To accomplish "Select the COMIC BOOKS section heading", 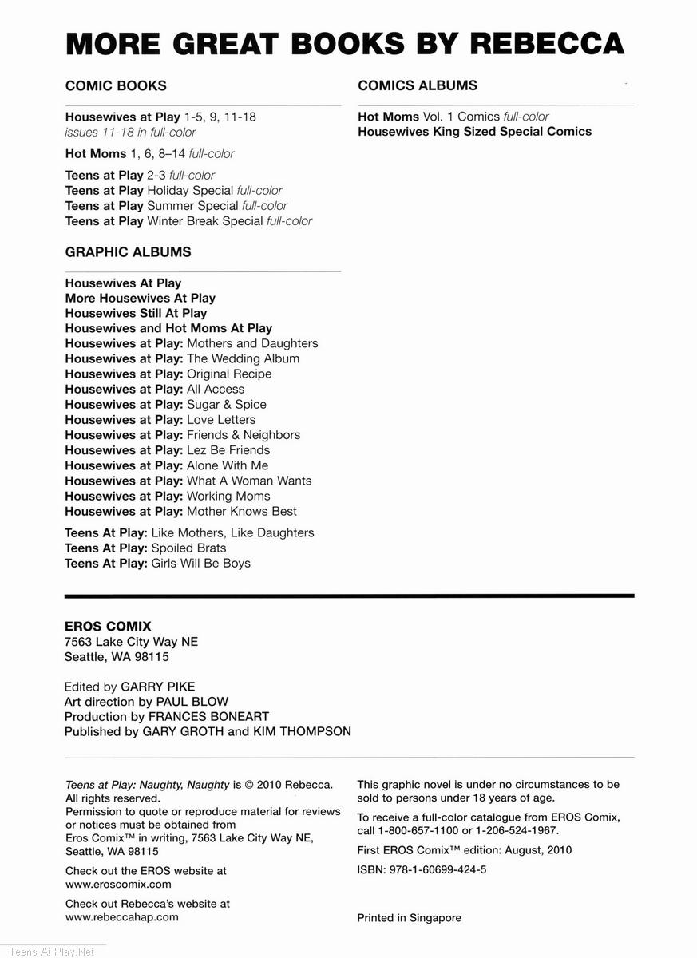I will pos(116,85).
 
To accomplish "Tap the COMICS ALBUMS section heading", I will pos(418,85).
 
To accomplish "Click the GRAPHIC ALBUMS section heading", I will pos(128,252).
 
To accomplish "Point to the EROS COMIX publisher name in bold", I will pos(108,627).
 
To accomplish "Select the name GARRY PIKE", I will pos(157,687).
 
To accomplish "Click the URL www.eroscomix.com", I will pos(118,885).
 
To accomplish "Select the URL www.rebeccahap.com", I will pos(121,917).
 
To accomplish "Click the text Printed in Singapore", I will pos(409,918).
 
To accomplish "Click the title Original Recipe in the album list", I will pos(229,374).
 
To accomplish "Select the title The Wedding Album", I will pos(243,358).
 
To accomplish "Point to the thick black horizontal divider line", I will pos(349,596).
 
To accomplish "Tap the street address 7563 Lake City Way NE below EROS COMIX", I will pos(131,642).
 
